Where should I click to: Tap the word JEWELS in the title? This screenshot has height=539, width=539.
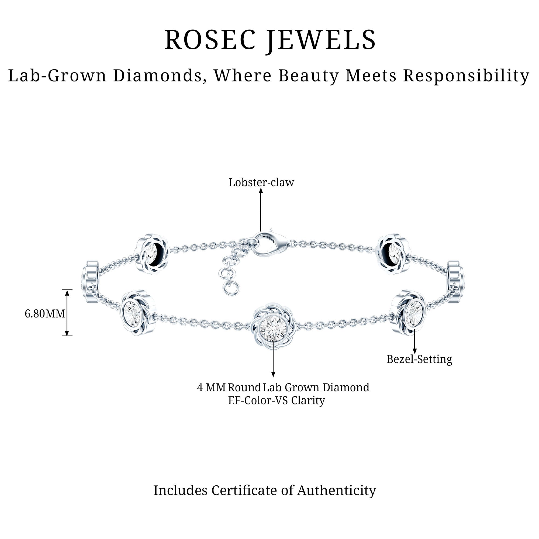coord(321,40)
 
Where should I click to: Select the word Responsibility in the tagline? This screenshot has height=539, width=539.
coord(466,76)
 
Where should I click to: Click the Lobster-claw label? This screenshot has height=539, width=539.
coord(261,182)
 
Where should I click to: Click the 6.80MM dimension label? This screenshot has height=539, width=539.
coord(45,314)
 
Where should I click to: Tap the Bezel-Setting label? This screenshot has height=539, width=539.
coord(419,359)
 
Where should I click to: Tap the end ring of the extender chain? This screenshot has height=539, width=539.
coord(232,288)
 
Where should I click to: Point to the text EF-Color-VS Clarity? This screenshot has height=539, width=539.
coord(277,401)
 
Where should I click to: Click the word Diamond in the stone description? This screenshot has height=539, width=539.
coord(346,388)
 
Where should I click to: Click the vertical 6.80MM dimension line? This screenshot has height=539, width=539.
coord(67,313)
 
